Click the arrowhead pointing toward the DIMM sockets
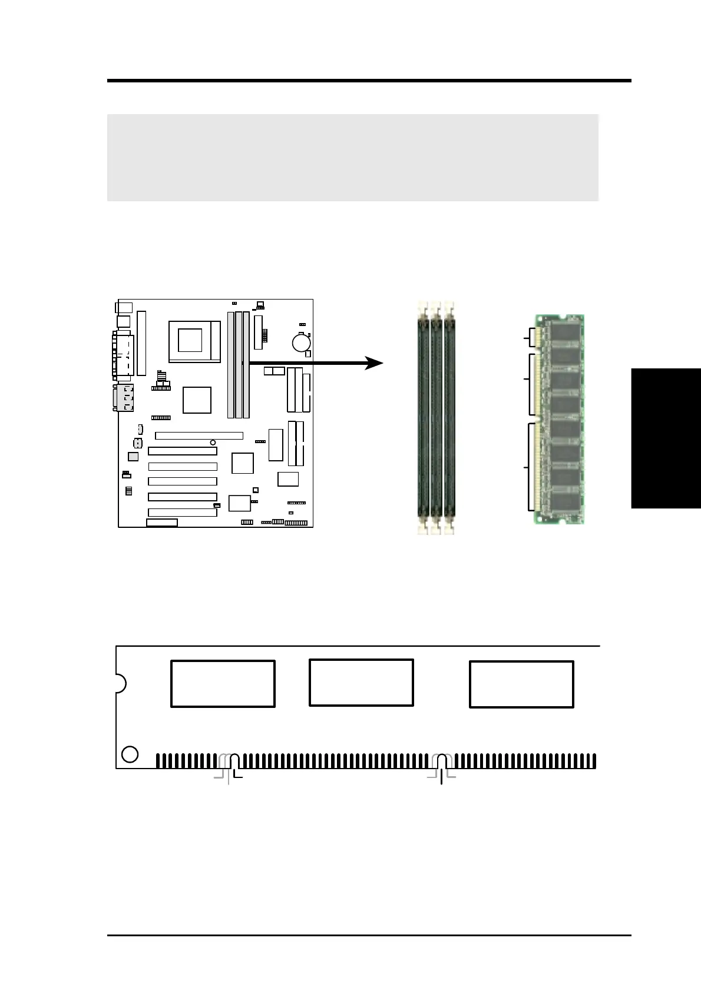click(x=374, y=363)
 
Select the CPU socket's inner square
click(x=190, y=340)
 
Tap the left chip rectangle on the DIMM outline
click(x=223, y=683)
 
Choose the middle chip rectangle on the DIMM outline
click(x=361, y=682)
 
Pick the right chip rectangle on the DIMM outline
click(x=521, y=684)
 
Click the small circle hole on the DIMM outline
click(x=130, y=754)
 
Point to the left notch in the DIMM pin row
click(x=234, y=761)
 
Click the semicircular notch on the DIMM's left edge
click(x=120, y=683)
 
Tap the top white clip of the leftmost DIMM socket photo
click(x=422, y=307)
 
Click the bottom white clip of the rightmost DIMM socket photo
click(x=449, y=528)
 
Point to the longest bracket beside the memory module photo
click(x=530, y=467)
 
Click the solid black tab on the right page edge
click(x=666, y=438)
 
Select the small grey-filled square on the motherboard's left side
click(x=133, y=456)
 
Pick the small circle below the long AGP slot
click(x=212, y=442)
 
